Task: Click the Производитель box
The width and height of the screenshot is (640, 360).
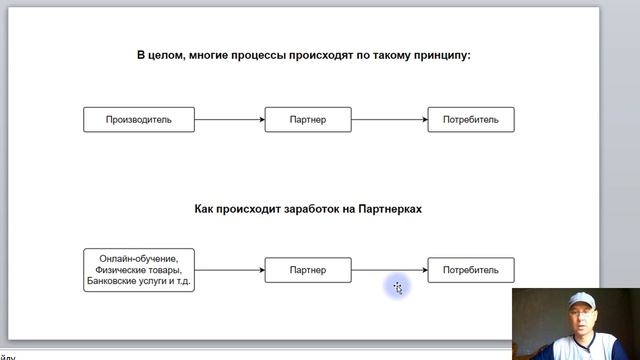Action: coord(139,120)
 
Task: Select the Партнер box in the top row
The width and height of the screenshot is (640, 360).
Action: coord(308,120)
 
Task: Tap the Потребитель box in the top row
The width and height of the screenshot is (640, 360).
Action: coord(471,120)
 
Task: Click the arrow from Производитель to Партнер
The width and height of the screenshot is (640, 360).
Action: coord(229,120)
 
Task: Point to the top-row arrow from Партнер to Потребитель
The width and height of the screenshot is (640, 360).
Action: coord(389,120)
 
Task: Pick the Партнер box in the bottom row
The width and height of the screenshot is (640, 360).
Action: coord(308,270)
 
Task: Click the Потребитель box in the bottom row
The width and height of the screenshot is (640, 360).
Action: coord(471,270)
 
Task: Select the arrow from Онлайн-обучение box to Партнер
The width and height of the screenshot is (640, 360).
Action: coord(229,270)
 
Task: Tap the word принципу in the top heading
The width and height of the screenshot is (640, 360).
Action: coord(440,56)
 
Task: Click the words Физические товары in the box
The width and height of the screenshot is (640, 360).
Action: coord(139,270)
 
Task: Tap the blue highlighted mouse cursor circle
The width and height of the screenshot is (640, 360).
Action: coord(397,288)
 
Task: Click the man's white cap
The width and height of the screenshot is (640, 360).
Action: coord(578,301)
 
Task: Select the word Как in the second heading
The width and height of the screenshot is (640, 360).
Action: coord(205,210)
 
